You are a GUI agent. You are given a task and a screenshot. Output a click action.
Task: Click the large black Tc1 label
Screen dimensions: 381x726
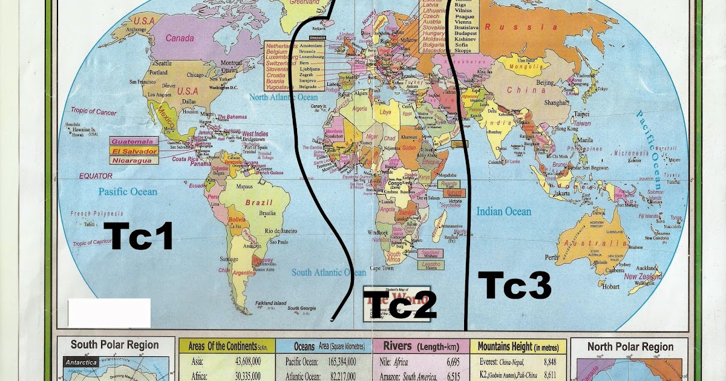[139, 236]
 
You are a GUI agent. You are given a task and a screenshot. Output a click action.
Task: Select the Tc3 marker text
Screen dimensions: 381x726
[514, 285]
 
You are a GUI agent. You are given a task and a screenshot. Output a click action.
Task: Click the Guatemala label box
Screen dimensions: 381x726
[134, 141]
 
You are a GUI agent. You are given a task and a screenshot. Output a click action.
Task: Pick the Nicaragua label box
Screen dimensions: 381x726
[134, 160]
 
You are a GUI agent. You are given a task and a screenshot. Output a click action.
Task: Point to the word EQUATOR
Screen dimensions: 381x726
[96, 176]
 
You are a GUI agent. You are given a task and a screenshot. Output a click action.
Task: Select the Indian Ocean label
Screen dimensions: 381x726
[503, 212]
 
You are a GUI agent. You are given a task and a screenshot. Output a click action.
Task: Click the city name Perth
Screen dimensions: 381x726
[552, 257]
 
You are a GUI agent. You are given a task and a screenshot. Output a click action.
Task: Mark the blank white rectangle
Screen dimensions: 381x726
[109, 313]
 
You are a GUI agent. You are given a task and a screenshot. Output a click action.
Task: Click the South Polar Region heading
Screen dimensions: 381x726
[114, 345]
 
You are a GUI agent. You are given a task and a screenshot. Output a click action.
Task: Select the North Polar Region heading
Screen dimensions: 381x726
[630, 347]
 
